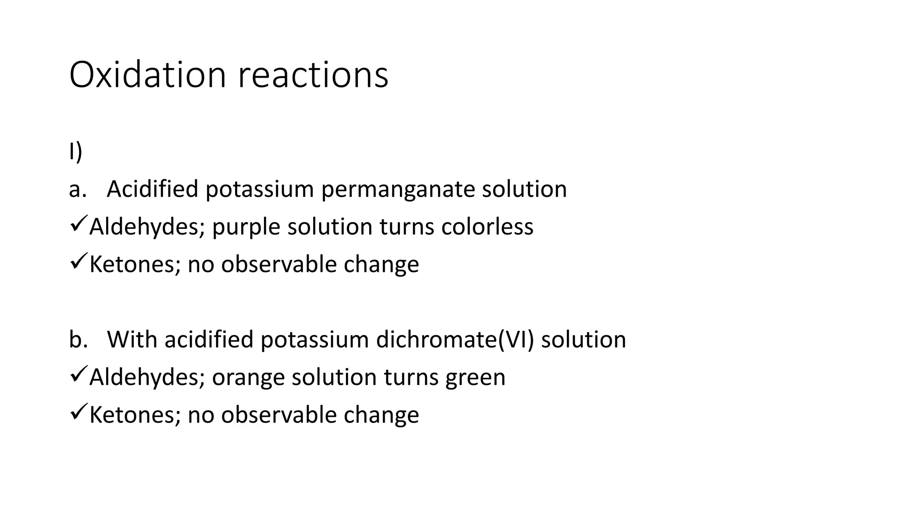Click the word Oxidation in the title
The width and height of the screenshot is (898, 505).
[x=147, y=75]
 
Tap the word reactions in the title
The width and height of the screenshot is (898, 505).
[x=313, y=75]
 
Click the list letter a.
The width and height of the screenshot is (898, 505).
[x=77, y=189]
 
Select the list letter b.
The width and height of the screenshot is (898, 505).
[x=78, y=340]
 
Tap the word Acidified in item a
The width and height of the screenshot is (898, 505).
[x=153, y=189]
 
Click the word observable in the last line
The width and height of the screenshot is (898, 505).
[x=278, y=415]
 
